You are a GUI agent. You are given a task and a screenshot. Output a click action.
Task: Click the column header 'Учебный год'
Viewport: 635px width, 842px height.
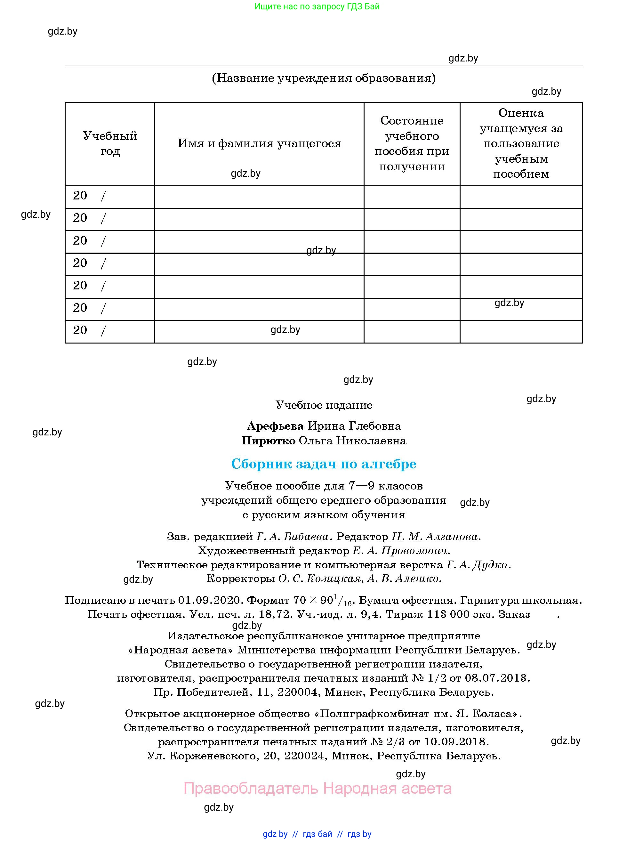pos(110,143)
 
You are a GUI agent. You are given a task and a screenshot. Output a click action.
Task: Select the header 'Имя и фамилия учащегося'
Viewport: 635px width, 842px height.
pos(260,143)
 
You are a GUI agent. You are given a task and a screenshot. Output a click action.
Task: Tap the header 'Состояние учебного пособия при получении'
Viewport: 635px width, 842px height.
pos(412,143)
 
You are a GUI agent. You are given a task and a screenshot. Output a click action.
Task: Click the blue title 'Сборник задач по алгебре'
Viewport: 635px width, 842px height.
pos(324,464)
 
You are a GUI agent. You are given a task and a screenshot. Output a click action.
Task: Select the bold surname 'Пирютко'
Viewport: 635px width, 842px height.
pos(269,441)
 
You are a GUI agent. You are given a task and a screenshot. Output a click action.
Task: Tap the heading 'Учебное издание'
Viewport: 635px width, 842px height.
pos(324,405)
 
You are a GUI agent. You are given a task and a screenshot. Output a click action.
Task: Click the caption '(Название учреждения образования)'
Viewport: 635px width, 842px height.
pos(324,78)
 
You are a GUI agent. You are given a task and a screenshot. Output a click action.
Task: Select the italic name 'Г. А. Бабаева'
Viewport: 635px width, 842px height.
pos(292,536)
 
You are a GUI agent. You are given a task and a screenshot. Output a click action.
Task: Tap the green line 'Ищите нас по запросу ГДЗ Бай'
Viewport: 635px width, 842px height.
pos(317,6)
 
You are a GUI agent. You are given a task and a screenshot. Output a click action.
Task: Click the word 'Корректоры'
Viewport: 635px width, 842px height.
pos(240,579)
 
